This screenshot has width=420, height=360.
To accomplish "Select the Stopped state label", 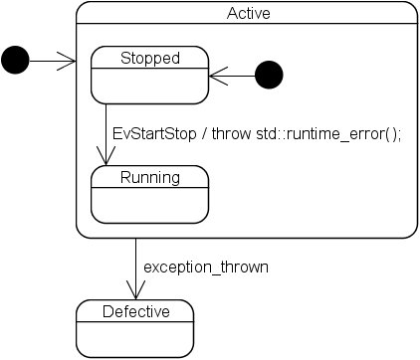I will [x=149, y=58].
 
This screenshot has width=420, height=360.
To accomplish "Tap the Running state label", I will [x=149, y=177].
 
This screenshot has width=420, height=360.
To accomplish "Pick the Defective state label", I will [x=135, y=312].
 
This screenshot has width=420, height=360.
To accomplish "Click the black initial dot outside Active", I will [x=16, y=61].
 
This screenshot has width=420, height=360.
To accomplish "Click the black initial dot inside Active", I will [x=269, y=75].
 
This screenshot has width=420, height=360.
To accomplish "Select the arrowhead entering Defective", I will [x=135, y=290].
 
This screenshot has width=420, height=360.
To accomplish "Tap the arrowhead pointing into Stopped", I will [x=216, y=75].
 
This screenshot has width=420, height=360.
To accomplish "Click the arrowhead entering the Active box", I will [x=69, y=61].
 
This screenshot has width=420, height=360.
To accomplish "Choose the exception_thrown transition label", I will [x=206, y=267].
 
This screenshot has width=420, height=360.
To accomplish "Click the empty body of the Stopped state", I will [x=149, y=86].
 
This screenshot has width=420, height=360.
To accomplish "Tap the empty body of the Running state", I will [x=149, y=205].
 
